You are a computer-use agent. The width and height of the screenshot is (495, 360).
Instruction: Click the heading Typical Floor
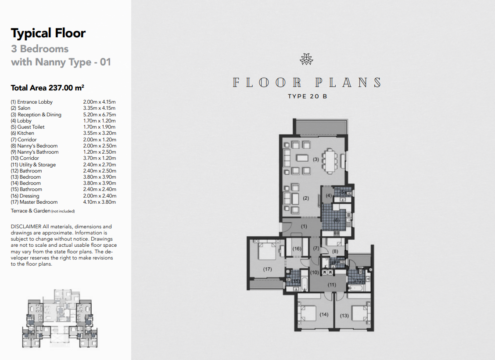48,33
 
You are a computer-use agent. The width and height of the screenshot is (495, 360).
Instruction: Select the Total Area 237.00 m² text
47,87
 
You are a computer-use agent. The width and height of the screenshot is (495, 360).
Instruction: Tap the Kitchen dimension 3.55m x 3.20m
100,133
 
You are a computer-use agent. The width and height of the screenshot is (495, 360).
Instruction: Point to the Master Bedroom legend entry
34,202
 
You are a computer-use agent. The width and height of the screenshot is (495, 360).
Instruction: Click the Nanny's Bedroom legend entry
34,146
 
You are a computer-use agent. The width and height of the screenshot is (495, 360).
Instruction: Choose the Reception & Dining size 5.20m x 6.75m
100,115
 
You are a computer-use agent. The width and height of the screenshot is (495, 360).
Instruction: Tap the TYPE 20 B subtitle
308,96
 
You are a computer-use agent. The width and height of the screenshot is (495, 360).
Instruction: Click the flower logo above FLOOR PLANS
307,59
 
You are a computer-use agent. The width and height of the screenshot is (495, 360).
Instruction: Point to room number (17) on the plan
267,270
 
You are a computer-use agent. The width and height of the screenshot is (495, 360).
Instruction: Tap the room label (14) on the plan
324,314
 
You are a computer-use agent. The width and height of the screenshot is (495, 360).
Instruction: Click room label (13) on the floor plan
344,316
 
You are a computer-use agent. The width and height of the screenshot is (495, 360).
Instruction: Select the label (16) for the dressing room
297,249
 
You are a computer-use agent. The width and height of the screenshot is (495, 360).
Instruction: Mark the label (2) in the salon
305,198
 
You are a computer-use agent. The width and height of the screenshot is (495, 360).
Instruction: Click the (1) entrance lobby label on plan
304,227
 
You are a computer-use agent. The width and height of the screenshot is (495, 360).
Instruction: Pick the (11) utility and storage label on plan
332,285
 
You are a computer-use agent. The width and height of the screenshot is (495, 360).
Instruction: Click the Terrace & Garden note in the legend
43,211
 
